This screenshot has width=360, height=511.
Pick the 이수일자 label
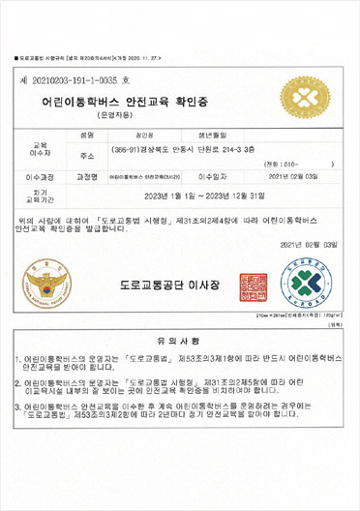tap(216, 177)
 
